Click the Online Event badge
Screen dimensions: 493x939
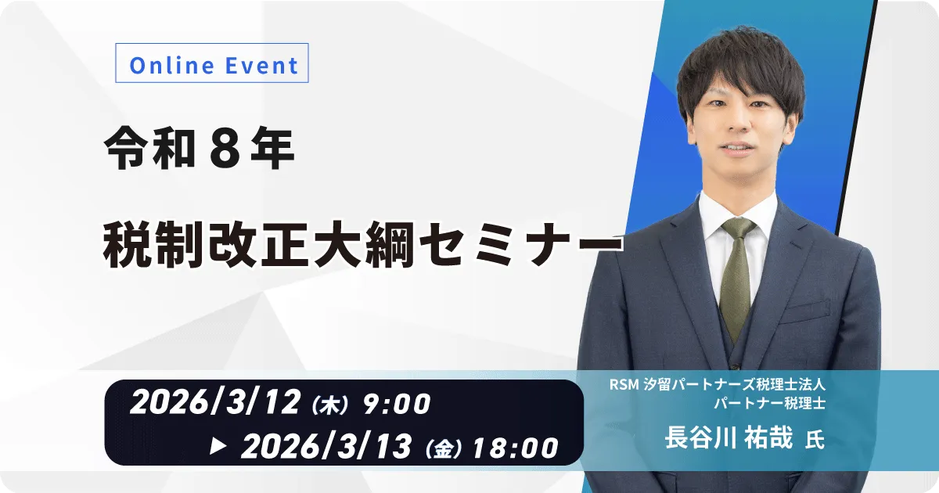[x=212, y=65]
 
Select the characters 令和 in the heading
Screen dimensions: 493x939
[x=149, y=150]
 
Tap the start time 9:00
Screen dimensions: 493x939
[x=397, y=405]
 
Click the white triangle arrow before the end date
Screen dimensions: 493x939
[x=220, y=446]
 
